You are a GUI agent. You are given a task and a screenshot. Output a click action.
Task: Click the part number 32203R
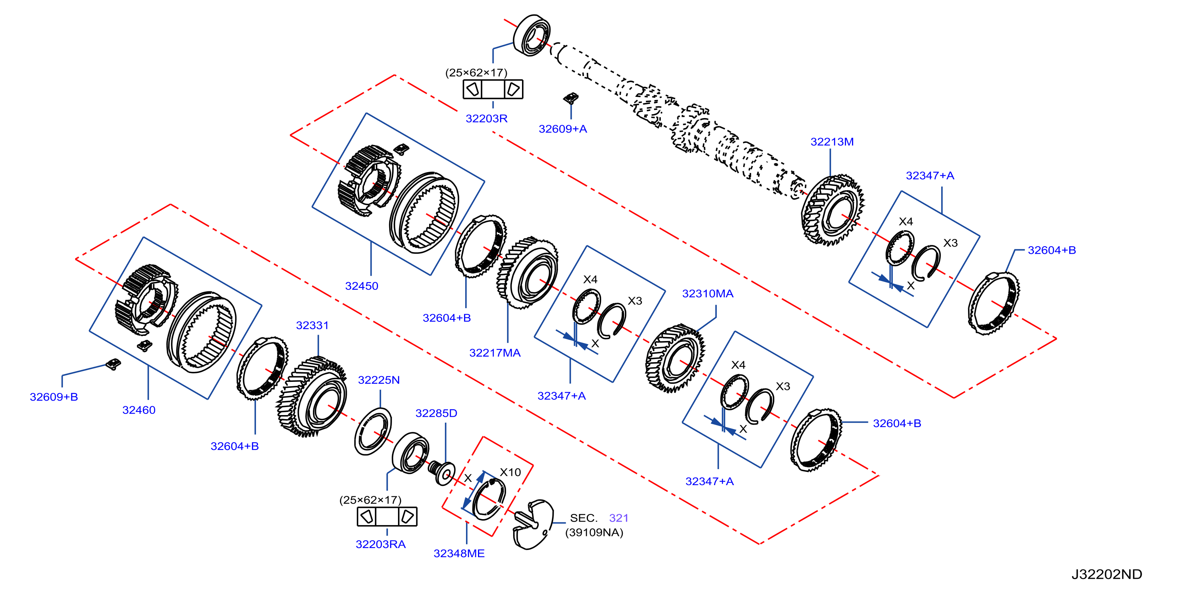[486, 118]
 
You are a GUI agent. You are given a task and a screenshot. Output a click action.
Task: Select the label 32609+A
[563, 129]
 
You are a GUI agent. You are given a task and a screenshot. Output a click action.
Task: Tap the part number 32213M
[832, 142]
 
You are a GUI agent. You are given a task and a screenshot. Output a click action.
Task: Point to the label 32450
[362, 286]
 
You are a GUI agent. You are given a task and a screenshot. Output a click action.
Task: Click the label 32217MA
[495, 353]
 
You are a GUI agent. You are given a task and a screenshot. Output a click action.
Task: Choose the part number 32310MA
[708, 293]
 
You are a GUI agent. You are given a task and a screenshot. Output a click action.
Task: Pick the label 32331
[312, 325]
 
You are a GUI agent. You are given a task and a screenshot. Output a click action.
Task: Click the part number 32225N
[379, 380]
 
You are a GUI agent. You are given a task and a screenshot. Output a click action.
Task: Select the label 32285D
[436, 413]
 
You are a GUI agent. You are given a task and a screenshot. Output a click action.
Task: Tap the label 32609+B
[54, 397]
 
